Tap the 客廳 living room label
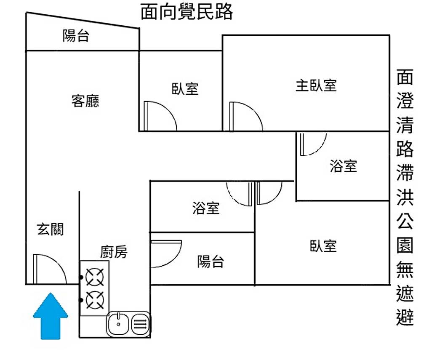pos(85,101)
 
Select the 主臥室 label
pos(316,85)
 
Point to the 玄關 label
pos(51,229)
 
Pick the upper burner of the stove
pos(95,277)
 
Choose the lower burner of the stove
pos(95,299)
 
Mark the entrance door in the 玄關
pos(48,269)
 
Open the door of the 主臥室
pos(244,116)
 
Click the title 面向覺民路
pos(187,13)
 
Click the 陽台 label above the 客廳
pos(76,36)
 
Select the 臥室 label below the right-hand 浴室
pos(323,246)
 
